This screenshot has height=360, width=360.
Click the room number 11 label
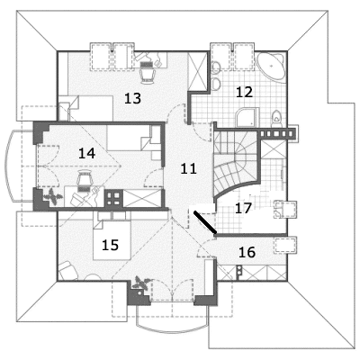coord(189,169)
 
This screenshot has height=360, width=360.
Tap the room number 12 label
coord(245,92)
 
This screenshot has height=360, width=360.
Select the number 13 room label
coord(132,98)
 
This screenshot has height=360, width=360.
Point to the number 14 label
coord(86,153)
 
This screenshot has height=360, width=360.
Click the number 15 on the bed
coord(111,245)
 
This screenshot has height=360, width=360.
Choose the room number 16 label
coord(247,252)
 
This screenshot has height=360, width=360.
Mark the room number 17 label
coord(243,208)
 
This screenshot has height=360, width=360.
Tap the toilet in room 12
coord(276,118)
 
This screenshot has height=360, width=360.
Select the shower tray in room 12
coord(247,117)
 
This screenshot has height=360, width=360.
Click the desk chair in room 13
coord(148,71)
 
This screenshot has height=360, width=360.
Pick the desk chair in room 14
coord(84,181)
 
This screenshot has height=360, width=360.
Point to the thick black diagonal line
coord(205,221)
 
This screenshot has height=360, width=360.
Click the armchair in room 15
coord(67,271)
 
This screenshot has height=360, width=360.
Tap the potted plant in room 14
coord(53,197)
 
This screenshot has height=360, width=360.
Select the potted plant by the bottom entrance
coord(141,283)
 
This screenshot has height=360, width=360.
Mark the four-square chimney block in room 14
coord(113,199)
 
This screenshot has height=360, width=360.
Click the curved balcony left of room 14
coord(8,166)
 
